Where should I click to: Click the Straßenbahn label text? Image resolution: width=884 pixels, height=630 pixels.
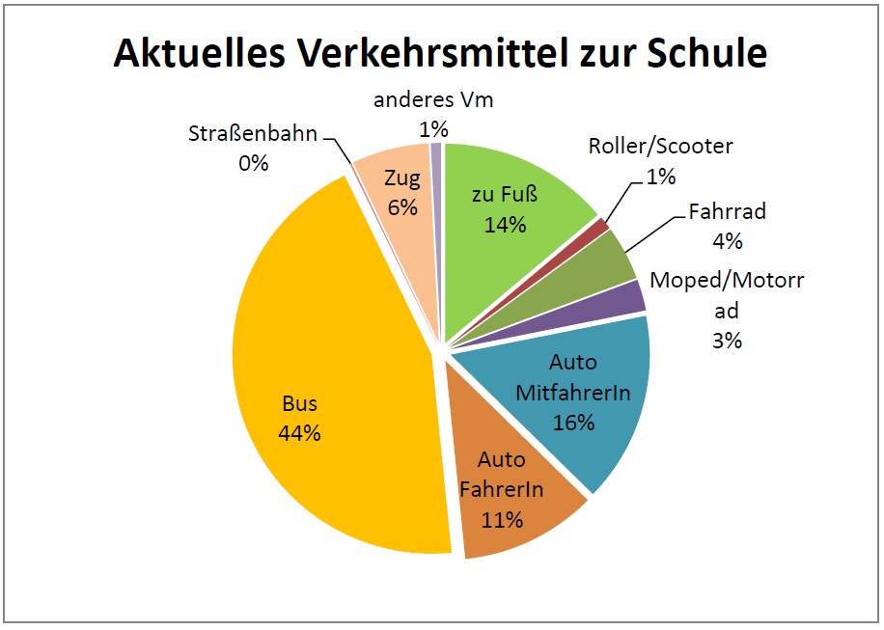pos(253,134)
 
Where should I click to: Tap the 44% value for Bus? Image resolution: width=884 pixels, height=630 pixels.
pos(299,433)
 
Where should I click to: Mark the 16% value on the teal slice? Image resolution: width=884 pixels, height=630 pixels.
pos(574,422)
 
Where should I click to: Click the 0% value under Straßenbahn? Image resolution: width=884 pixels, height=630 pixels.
pos(253,163)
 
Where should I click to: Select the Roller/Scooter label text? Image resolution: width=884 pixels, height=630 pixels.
pos(661,147)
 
